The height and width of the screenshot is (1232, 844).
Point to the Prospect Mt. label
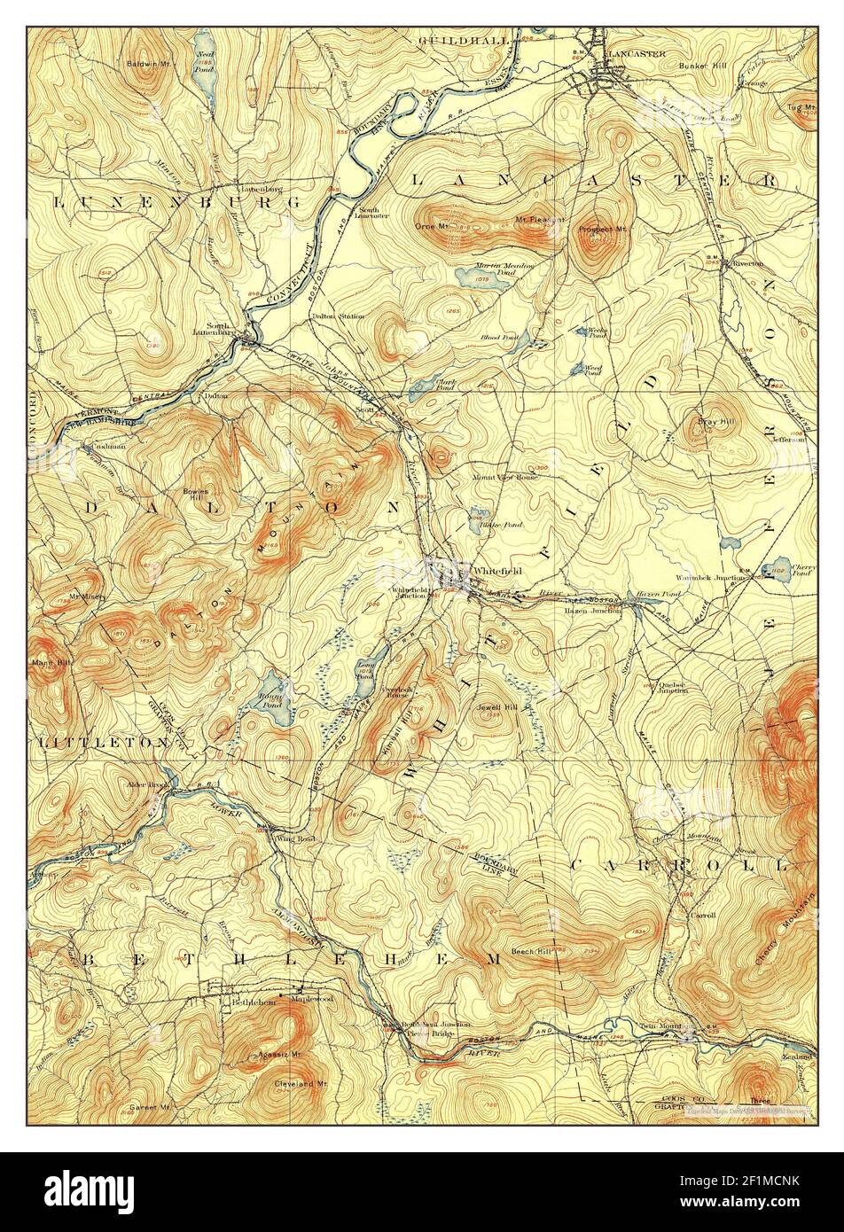(x=603, y=229)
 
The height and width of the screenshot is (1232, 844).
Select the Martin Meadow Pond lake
(x=469, y=277)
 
